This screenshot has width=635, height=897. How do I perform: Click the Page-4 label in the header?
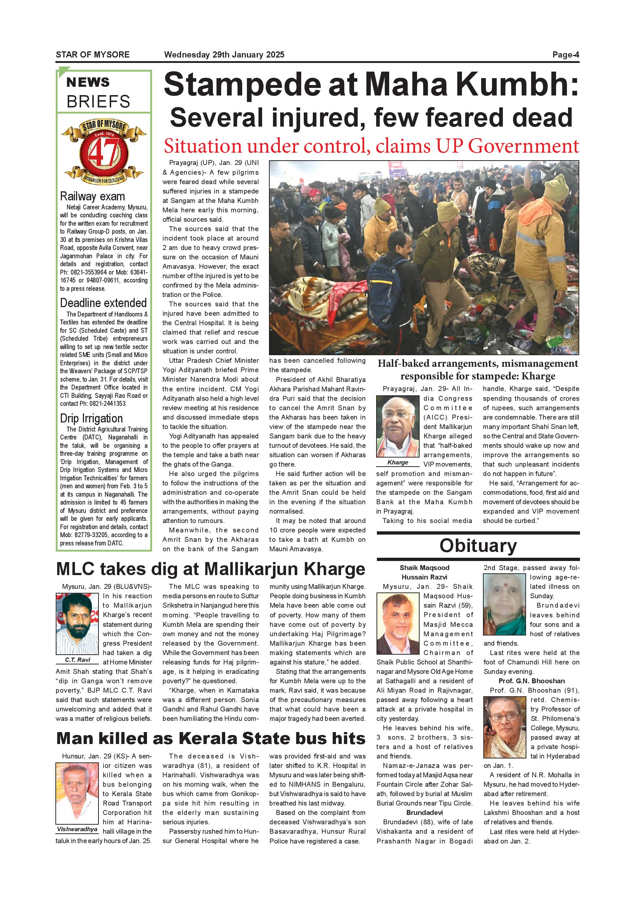click(x=565, y=55)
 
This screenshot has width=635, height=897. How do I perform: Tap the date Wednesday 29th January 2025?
click(x=224, y=55)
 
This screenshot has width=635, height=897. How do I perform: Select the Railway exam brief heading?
click(x=92, y=196)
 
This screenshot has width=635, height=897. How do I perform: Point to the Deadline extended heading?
click(x=103, y=303)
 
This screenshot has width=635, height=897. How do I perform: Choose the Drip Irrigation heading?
click(x=91, y=418)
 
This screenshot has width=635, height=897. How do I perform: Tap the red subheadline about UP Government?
click(x=371, y=146)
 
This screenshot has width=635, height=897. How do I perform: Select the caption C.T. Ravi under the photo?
click(x=77, y=660)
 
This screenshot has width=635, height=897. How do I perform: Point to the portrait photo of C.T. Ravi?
click(x=77, y=624)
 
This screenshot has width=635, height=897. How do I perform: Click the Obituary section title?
click(x=478, y=546)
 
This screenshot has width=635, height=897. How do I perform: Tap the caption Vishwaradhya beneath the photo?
click(x=77, y=829)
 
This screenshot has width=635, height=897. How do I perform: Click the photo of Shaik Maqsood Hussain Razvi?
click(x=398, y=624)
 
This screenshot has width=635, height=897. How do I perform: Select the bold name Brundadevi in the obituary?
click(x=424, y=813)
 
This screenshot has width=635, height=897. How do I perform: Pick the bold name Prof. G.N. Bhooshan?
click(x=531, y=681)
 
